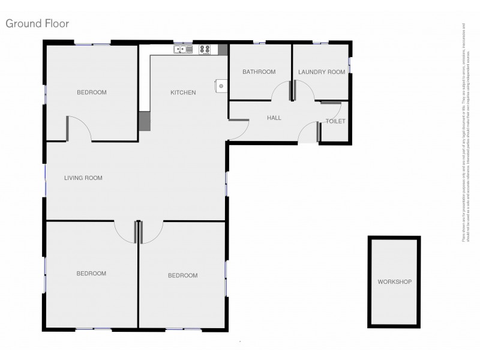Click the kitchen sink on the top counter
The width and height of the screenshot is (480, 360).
(x=182, y=49)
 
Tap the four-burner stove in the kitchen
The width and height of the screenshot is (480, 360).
(x=205, y=49)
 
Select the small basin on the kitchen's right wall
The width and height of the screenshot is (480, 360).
(x=221, y=86)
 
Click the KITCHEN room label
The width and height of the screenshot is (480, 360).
(x=183, y=92)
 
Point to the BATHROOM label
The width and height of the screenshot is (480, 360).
(x=259, y=72)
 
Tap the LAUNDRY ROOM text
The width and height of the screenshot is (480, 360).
(x=322, y=72)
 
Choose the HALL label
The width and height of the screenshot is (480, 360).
(x=274, y=118)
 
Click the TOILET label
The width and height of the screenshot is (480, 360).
(x=335, y=121)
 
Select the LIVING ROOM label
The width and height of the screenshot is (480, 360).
(x=83, y=178)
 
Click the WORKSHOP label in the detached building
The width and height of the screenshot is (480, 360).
(x=394, y=281)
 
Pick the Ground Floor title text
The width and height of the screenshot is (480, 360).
(x=37, y=24)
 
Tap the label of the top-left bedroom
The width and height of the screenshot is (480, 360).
(x=91, y=92)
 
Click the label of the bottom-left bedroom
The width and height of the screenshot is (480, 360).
(x=91, y=274)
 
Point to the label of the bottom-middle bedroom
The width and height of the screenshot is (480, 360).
(x=182, y=275)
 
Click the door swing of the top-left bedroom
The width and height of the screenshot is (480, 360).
(x=78, y=128)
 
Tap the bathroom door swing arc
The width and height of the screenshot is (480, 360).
(x=280, y=91)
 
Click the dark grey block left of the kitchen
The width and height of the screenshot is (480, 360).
(x=145, y=121)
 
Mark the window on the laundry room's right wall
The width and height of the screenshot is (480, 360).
(x=350, y=61)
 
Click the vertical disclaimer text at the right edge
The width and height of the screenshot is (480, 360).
(x=464, y=132)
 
